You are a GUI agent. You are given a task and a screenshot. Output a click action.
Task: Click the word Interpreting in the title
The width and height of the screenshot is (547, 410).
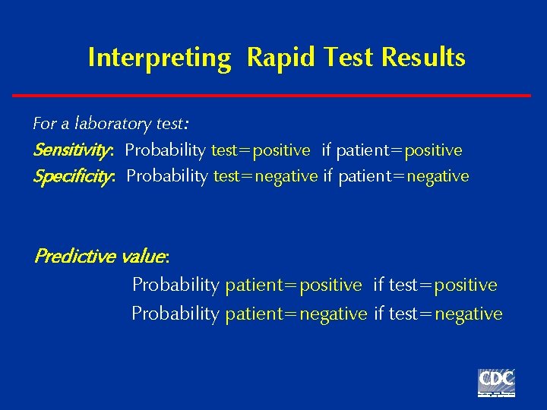(x=159, y=58)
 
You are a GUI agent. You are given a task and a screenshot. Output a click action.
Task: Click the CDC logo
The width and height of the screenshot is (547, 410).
(x=496, y=383)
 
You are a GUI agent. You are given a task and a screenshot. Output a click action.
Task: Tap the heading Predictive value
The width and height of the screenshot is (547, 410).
(x=100, y=256)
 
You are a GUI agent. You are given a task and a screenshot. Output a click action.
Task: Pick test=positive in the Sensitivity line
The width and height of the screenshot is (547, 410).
(x=261, y=150)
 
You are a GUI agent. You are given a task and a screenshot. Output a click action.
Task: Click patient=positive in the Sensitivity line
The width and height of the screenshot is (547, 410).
(x=399, y=150)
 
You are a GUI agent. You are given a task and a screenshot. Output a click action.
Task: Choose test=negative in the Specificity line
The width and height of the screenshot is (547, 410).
(x=265, y=176)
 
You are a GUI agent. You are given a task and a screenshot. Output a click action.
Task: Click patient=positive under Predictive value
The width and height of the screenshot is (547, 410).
(x=293, y=285)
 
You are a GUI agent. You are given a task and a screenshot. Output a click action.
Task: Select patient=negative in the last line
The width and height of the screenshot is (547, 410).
(x=296, y=314)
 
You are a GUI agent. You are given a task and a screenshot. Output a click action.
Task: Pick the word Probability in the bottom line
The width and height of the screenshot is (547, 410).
(x=175, y=314)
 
